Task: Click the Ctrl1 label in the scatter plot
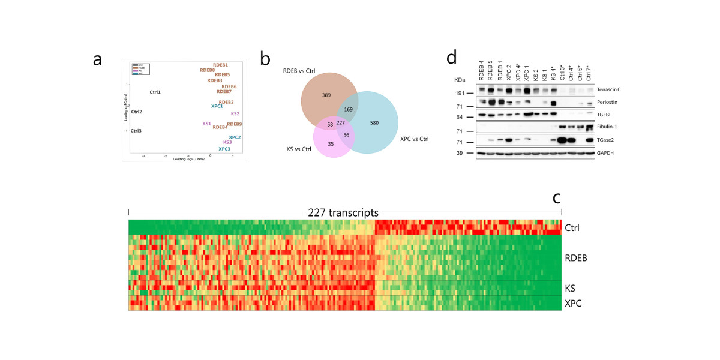(155, 92)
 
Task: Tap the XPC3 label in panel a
(224, 149)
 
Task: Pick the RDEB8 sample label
(208, 70)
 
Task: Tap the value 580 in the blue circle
(375, 122)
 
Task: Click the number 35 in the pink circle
(331, 144)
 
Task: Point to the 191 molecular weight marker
(461, 94)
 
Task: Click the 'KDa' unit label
(460, 79)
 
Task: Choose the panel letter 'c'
(556, 198)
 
